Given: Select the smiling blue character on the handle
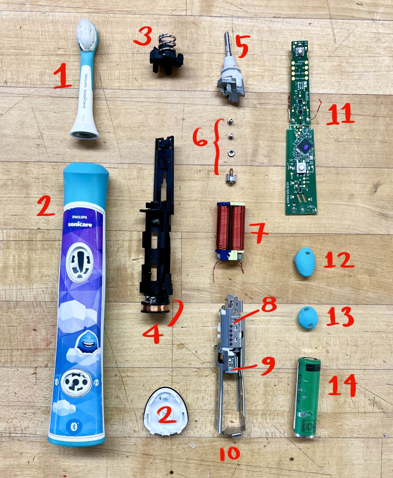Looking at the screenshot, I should coord(86,344).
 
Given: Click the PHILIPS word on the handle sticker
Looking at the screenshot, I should coord(80,217).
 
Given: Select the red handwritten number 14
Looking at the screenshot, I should coord(342,385).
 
